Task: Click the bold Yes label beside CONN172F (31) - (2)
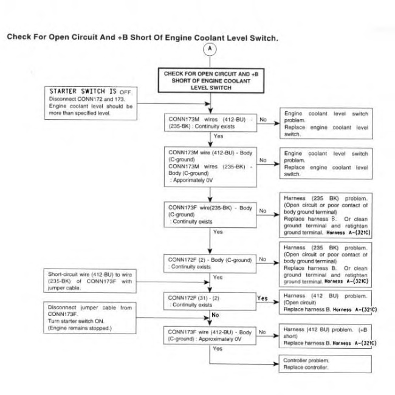pos(263,298)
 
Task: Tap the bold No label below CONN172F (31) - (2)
pos(215,315)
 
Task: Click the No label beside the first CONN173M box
pos(263,120)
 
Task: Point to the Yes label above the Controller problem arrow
pos(218,348)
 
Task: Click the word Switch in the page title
pos(263,38)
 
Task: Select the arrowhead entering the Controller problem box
pos(276,364)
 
